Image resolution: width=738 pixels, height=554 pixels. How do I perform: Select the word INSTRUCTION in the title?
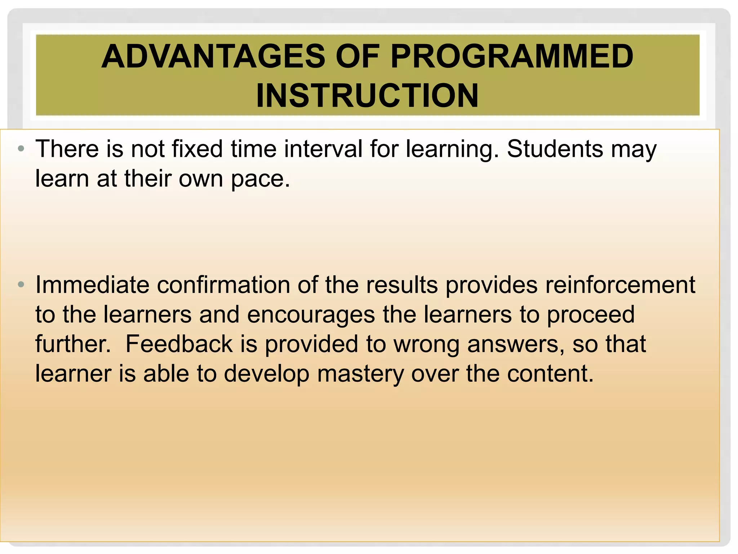pos(367,96)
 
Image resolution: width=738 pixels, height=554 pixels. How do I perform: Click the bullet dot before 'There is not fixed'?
pos(21,149)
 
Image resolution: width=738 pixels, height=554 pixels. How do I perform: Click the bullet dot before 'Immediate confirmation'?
pos(21,285)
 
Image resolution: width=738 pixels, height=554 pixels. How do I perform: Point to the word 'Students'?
pos(555,149)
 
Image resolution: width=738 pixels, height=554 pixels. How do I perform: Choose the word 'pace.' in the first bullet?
pos(260,179)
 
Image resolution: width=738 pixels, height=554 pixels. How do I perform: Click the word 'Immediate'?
pos(92,285)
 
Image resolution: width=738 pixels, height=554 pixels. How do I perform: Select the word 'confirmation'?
pos(223,285)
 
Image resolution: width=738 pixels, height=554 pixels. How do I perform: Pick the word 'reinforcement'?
pos(620,285)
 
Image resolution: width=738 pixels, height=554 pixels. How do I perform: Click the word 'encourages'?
pos(311,315)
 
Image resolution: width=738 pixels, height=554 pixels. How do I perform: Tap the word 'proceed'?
pos(591,315)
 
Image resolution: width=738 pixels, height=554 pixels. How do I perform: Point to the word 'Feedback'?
pos(179,344)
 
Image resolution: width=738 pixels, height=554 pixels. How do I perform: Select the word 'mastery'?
pos(360,374)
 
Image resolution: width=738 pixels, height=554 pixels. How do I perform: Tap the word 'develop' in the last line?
pos(266,374)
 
